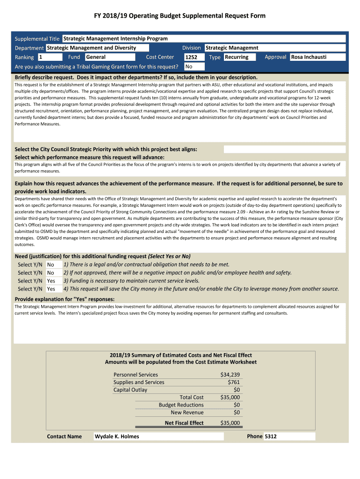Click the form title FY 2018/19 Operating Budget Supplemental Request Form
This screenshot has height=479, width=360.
pyautogui.click(x=180, y=16)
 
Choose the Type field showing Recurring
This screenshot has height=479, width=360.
pyautogui.click(x=239, y=57)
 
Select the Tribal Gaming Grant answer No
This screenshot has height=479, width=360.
pyautogui.click(x=188, y=66)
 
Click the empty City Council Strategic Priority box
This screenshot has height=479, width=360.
pyautogui.click(x=285, y=149)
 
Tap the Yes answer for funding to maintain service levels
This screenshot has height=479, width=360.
pyautogui.click(x=51, y=281)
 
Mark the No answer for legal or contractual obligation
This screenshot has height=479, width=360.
pyautogui.click(x=50, y=265)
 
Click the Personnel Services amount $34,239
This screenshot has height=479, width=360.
pyautogui.click(x=230, y=375)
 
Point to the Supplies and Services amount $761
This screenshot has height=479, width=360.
pyautogui.click(x=233, y=382)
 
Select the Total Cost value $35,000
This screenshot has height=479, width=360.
pyautogui.click(x=230, y=397)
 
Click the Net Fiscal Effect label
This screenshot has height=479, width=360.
pyautogui.click(x=184, y=423)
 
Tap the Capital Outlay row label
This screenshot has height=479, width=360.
pyautogui.click(x=130, y=390)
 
